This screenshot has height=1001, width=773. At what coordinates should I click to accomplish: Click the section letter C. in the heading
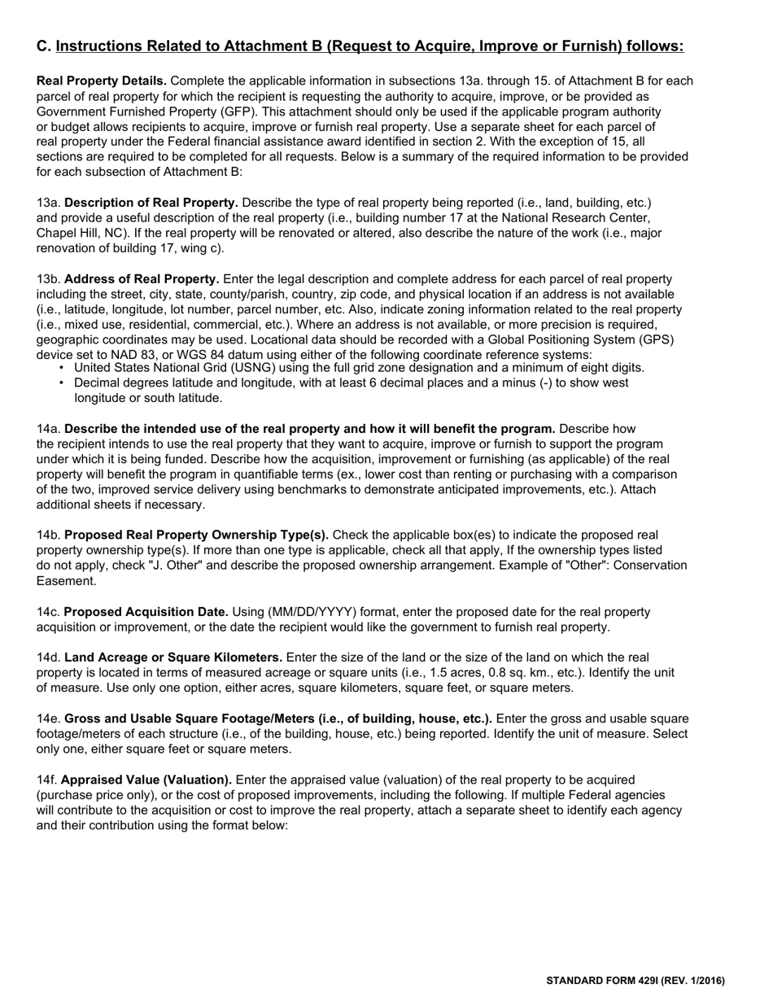(44, 46)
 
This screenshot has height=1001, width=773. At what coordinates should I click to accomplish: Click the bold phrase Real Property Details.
(102, 81)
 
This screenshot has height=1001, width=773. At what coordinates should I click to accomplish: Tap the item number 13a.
(49, 202)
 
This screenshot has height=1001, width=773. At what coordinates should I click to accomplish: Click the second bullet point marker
(62, 383)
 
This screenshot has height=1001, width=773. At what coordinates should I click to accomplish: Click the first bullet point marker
(62, 368)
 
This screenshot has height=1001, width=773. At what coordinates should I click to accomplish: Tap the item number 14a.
(49, 429)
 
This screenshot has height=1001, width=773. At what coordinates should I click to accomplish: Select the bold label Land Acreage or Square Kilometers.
(173, 658)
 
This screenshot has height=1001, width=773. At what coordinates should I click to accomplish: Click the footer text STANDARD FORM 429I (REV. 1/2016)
(635, 981)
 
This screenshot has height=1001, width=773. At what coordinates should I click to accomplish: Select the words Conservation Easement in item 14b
(643, 566)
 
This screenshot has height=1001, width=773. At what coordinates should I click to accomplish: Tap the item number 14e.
(49, 719)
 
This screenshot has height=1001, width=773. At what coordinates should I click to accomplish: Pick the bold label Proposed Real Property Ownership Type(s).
(196, 535)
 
